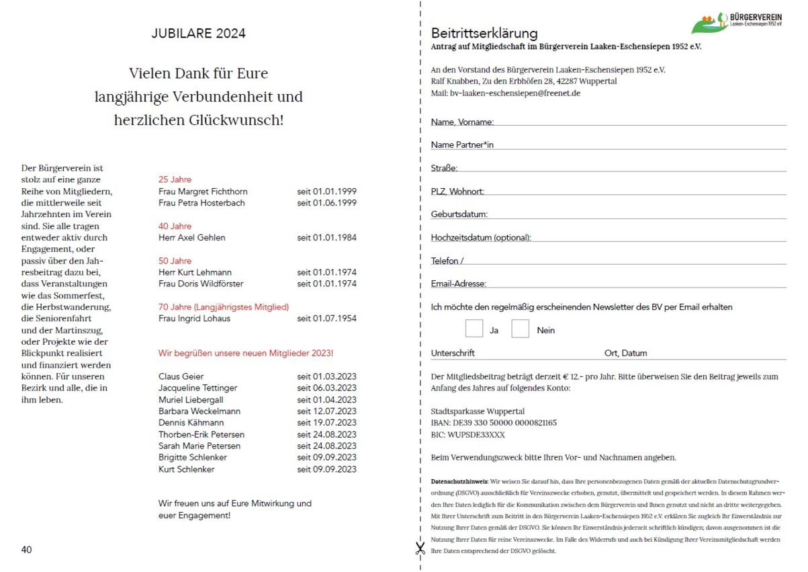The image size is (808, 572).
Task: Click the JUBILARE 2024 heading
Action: coord(198,34)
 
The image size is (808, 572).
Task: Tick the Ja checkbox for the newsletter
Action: coord(474,329)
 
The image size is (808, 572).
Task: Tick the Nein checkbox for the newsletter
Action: coord(521,329)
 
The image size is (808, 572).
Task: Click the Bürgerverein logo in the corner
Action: coord(737,23)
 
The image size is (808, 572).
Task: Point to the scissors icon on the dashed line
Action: coord(420,548)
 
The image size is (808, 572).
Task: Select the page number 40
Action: coord(27,550)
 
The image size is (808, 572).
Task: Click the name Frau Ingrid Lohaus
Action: coord(194,319)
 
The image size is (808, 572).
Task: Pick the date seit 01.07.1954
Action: coord(326,319)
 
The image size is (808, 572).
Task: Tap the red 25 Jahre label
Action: coord(175,179)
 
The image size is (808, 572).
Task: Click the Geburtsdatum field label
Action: coord(459,214)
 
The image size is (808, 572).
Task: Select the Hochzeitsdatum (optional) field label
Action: coord(481,237)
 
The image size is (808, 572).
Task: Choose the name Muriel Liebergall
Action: coord(191,399)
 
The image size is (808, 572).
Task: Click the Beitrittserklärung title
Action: coord(484,33)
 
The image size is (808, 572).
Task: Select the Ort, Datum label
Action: coord(625,353)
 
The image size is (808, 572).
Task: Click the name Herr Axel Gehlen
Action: coord(192,237)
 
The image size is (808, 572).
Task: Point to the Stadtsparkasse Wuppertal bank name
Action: coord(478,411)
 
